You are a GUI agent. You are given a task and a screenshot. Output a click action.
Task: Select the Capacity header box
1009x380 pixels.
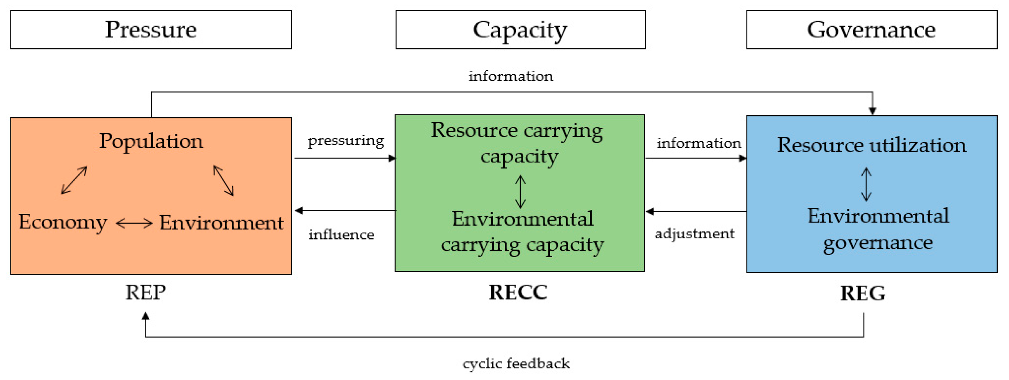pos(520,30)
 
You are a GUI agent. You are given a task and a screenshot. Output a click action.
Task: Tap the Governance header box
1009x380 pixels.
pos(872,30)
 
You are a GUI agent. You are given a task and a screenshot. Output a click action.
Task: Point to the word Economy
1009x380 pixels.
pos(63,222)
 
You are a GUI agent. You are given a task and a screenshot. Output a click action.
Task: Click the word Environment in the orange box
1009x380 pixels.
pos(221,223)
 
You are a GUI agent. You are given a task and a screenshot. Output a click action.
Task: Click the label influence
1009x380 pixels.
pos(341,235)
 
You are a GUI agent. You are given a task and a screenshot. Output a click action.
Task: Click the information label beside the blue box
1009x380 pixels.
pos(698,143)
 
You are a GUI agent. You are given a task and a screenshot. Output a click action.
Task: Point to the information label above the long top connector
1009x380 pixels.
pos(511,76)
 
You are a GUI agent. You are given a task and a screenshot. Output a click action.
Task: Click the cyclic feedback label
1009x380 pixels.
pos(516,363)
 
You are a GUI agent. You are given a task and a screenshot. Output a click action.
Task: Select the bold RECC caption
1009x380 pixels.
pos(518,292)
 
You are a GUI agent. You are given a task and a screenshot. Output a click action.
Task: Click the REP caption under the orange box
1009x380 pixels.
pos(145,292)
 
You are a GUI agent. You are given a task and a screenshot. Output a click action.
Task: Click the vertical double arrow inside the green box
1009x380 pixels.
pos(520,191)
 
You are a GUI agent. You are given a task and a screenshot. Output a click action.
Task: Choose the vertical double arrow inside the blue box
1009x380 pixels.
pos(866,184)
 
